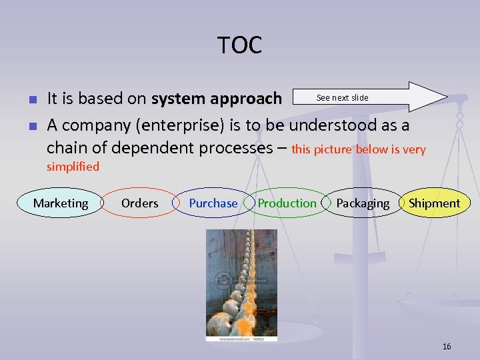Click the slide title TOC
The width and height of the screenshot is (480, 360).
click(x=239, y=46)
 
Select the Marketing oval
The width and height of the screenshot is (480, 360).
click(x=61, y=203)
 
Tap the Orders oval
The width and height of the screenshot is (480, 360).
click(x=139, y=203)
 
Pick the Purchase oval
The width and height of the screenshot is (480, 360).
click(x=213, y=203)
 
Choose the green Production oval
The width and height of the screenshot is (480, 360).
click(x=287, y=203)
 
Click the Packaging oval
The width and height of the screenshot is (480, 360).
click(x=363, y=203)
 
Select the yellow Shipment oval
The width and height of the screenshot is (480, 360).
click(x=434, y=203)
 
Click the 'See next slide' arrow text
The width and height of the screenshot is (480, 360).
click(x=342, y=98)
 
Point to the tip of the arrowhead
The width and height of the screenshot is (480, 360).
click(x=446, y=97)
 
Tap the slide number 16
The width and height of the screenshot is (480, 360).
click(x=446, y=346)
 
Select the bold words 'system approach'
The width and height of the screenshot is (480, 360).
click(x=217, y=99)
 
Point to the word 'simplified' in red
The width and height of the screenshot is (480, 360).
click(x=73, y=167)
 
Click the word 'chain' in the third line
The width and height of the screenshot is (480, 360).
click(x=68, y=147)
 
